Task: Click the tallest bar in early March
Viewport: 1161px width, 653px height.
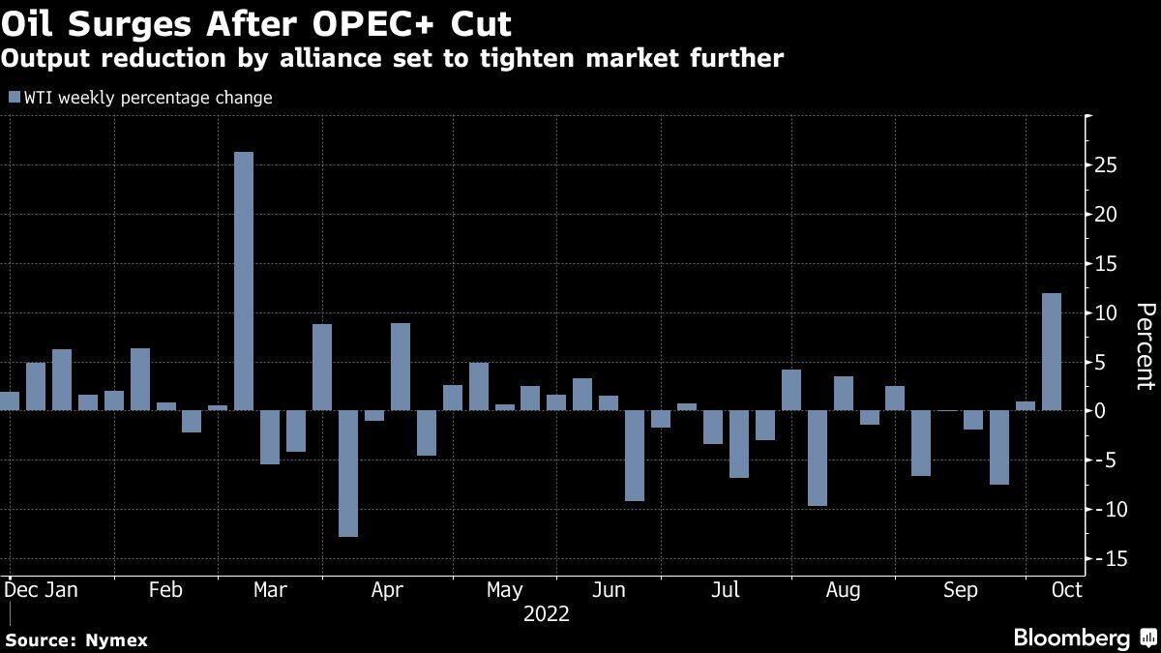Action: tap(244, 281)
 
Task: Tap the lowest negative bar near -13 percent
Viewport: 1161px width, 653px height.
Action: tap(348, 473)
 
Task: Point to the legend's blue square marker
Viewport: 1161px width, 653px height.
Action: tap(14, 97)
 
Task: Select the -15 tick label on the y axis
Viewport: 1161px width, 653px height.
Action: tap(1103, 558)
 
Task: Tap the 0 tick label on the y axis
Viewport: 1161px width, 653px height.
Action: tap(1100, 411)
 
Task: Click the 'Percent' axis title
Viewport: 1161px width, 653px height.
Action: tap(1145, 345)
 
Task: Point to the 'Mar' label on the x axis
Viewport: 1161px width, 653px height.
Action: tap(269, 590)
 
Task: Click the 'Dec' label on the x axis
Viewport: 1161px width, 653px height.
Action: tap(20, 590)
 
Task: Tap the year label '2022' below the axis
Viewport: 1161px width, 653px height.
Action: tap(546, 614)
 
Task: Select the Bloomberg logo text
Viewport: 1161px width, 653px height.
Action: tap(1071, 638)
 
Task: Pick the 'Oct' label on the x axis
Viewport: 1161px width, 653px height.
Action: tap(1067, 590)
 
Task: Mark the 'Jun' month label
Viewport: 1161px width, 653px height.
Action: tap(609, 590)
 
